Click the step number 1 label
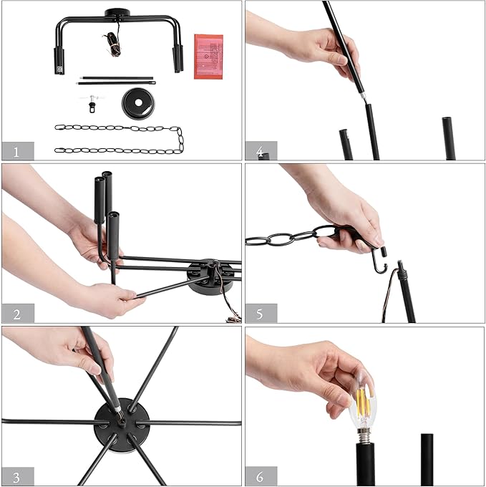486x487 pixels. point(16,152)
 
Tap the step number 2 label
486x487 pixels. point(17,314)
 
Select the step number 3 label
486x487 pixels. point(16,477)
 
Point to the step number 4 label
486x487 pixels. point(260,152)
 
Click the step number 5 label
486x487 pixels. point(260,314)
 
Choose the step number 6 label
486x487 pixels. point(260,476)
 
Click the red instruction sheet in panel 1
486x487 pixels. point(208,57)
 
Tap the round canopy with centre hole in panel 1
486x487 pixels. point(138,103)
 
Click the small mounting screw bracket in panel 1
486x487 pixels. point(92,103)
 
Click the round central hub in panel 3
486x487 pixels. point(122,425)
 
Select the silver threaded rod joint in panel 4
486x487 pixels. point(364,98)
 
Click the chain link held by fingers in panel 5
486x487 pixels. point(325,232)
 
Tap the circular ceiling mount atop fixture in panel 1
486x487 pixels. point(117,14)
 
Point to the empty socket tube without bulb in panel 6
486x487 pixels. point(427,460)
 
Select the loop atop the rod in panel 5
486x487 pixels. point(400,265)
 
